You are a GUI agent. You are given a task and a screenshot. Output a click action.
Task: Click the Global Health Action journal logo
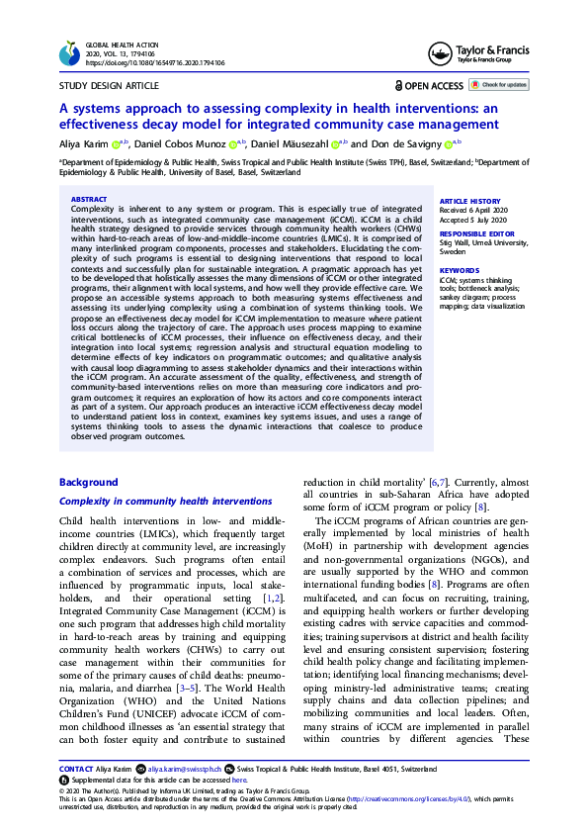(69, 53)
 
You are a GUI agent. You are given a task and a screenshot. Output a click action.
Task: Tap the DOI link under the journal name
(156, 62)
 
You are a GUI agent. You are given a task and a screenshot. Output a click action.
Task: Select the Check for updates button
(499, 85)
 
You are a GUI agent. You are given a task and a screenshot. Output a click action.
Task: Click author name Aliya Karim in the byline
(86, 143)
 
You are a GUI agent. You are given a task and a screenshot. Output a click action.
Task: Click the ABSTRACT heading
(90, 199)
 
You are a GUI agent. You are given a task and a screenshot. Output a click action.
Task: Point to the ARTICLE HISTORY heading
(467, 200)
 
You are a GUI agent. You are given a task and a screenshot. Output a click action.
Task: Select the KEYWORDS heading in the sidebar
(459, 269)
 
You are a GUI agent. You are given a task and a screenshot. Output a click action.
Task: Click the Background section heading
(89, 482)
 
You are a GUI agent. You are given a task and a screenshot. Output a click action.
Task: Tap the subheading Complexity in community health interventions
(166, 502)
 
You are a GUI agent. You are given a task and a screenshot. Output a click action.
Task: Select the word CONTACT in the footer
(76, 768)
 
